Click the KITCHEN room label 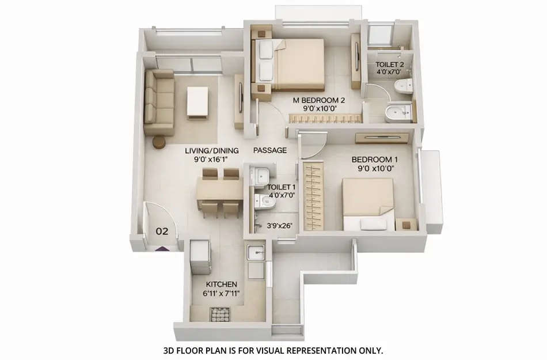[222, 285]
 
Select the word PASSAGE [270, 150]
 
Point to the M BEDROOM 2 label [318, 100]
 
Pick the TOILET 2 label [390, 65]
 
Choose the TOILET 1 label [282, 187]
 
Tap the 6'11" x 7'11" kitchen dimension [222, 293]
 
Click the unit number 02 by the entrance [162, 232]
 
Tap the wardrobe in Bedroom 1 [311, 195]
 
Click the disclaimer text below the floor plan [273, 350]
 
